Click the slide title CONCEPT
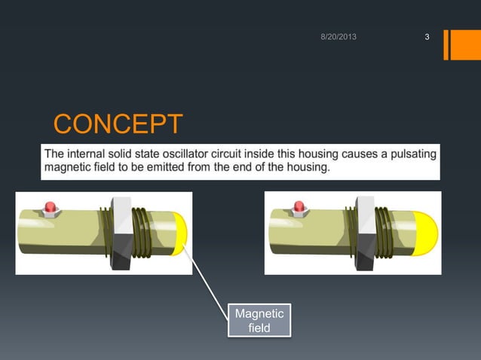click(x=118, y=124)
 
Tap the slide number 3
click(x=427, y=38)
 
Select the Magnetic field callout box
click(x=259, y=320)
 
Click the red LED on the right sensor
click(x=299, y=206)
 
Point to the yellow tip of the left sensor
click(x=182, y=232)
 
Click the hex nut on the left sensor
click(x=121, y=232)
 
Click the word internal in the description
click(x=88, y=154)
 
